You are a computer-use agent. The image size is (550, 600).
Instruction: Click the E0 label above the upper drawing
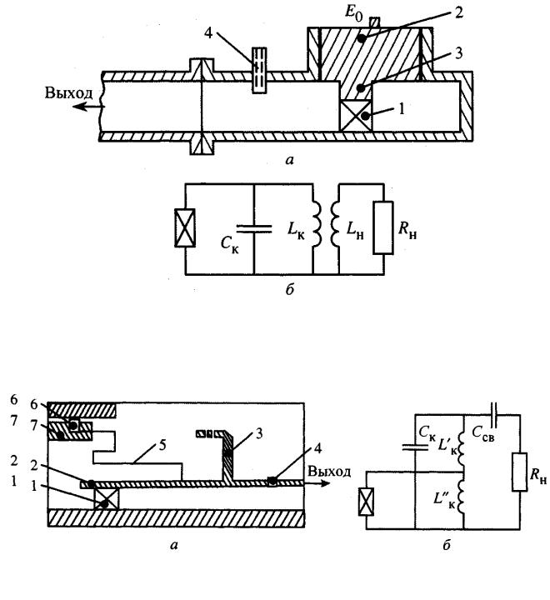(x=353, y=13)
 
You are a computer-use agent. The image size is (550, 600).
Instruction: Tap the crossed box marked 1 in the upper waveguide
(x=356, y=116)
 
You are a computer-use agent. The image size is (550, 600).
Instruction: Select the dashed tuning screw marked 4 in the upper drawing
(x=259, y=70)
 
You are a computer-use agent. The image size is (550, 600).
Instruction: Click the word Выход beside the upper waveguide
(x=69, y=93)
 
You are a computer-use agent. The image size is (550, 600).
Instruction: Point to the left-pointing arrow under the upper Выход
(x=88, y=107)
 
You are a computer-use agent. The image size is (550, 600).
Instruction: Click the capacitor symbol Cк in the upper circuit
(x=254, y=229)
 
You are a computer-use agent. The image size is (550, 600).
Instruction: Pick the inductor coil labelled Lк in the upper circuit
(x=317, y=224)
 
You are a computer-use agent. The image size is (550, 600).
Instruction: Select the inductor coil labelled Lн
(x=335, y=224)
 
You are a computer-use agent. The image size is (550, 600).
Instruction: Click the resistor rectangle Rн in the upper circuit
(x=383, y=227)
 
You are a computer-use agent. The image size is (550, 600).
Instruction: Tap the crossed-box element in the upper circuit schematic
(x=185, y=227)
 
